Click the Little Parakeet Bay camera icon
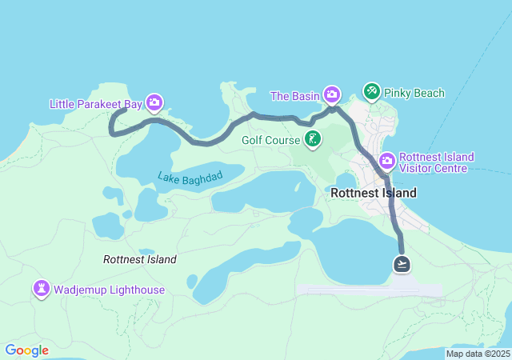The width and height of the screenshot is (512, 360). pyautogui.click(x=154, y=102)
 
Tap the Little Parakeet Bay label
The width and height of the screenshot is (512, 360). pyautogui.click(x=94, y=104)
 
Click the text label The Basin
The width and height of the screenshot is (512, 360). pyautogui.click(x=294, y=96)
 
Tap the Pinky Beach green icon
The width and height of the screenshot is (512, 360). pyautogui.click(x=371, y=92)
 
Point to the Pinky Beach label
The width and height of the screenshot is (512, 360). pyautogui.click(x=414, y=94)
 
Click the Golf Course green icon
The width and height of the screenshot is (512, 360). pyautogui.click(x=313, y=141)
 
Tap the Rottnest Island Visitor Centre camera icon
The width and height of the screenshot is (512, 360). pyautogui.click(x=386, y=162)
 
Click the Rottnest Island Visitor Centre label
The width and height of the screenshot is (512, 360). pyautogui.click(x=436, y=162)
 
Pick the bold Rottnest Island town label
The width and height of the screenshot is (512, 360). pyautogui.click(x=374, y=194)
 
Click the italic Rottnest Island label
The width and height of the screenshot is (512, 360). pyautogui.click(x=140, y=259)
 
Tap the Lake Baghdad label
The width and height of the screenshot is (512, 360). pyautogui.click(x=189, y=176)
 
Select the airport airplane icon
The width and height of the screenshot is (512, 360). pyautogui.click(x=402, y=263)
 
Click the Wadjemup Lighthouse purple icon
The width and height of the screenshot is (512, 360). pyautogui.click(x=41, y=288)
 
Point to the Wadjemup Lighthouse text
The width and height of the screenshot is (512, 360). pyautogui.click(x=110, y=290)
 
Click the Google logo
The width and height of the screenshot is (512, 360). pyautogui.click(x=26, y=350)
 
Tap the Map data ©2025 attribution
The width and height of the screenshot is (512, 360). pyautogui.click(x=478, y=354)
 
